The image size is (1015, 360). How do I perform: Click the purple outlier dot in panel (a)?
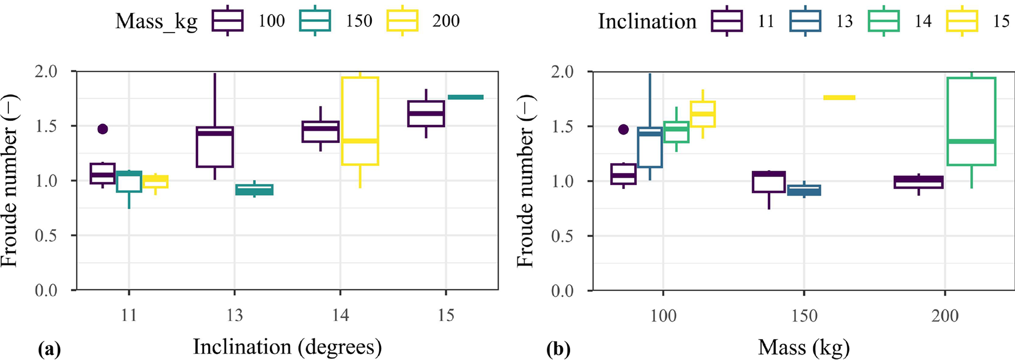click(102, 129)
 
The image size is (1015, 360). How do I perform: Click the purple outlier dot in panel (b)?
click(623, 129)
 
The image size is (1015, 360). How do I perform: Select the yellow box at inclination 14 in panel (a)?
click(360, 120)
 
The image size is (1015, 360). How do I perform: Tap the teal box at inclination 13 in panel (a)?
click(255, 190)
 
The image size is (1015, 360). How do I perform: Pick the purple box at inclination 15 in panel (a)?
click(426, 114)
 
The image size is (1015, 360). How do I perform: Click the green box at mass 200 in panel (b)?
click(972, 121)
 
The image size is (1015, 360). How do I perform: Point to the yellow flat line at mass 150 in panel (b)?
click(839, 97)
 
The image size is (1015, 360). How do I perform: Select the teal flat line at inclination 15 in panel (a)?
click(465, 97)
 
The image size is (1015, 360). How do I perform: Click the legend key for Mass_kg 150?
click(315, 21)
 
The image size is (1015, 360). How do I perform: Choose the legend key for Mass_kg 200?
click(402, 21)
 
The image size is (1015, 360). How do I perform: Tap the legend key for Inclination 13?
click(805, 21)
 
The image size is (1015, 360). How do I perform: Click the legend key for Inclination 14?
click(884, 21)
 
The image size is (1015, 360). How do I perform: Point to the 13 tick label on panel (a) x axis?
click(235, 315)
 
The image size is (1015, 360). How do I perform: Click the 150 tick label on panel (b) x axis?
click(804, 315)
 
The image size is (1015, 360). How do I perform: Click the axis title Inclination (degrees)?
click(287, 347)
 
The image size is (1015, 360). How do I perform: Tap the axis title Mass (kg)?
click(803, 348)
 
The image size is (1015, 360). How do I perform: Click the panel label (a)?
click(49, 350)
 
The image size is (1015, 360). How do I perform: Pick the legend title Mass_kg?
click(156, 21)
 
